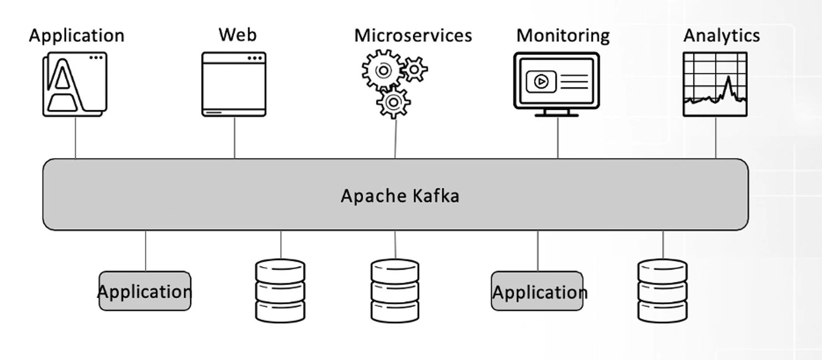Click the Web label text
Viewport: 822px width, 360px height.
tap(238, 34)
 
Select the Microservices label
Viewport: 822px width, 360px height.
tap(413, 35)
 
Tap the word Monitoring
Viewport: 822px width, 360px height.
tap(563, 35)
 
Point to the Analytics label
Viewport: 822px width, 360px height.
tap(721, 35)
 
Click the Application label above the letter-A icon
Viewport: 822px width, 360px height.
tap(76, 35)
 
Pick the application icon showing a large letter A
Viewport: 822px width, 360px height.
tap(74, 84)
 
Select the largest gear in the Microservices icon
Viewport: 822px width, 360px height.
tap(383, 70)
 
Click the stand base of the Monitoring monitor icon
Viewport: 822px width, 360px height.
tap(557, 115)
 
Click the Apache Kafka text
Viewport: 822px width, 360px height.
tap(399, 196)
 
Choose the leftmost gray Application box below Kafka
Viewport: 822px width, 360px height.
tap(145, 291)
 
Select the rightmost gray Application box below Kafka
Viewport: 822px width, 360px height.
tap(537, 291)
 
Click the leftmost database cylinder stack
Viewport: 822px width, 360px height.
tap(280, 290)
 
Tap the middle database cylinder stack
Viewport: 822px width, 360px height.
tap(395, 290)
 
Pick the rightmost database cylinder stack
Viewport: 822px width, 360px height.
tap(662, 290)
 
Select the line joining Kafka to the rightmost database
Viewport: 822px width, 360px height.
tap(663, 245)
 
